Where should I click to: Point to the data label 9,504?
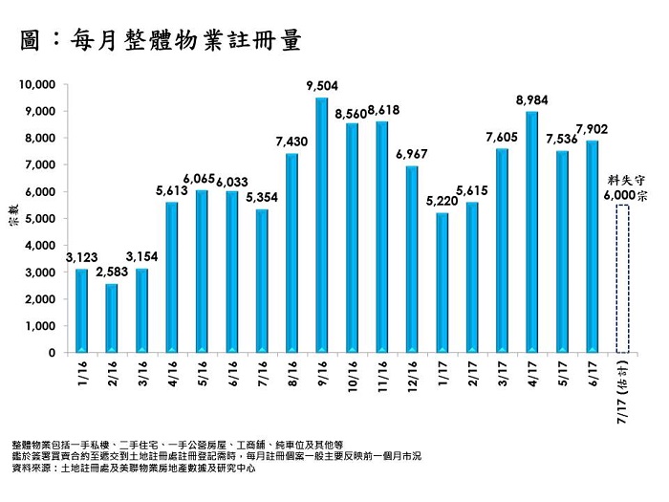click(x=322, y=87)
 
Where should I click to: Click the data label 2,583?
click(x=112, y=273)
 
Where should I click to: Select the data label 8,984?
click(x=531, y=100)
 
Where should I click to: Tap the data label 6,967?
click(x=412, y=155)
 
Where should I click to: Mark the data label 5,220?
click(x=442, y=202)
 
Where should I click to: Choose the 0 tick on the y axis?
click(x=54, y=353)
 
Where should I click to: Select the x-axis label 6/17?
click(x=593, y=371)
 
